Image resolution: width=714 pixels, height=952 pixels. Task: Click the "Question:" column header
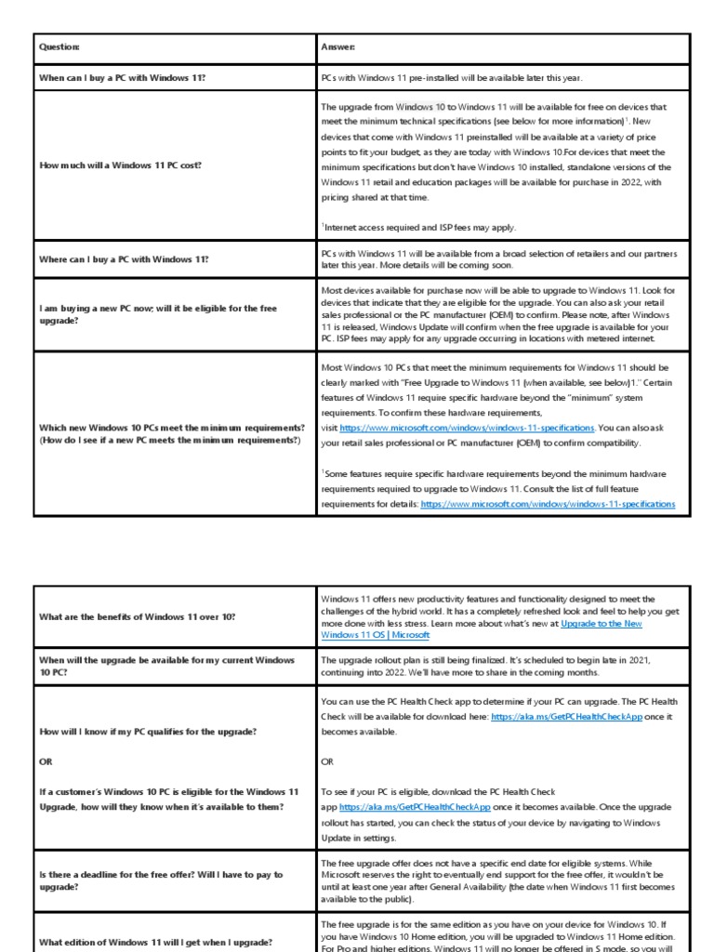(59, 47)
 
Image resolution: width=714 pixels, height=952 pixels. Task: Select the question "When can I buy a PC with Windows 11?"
(122, 78)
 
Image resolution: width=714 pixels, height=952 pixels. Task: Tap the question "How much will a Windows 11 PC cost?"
(120, 165)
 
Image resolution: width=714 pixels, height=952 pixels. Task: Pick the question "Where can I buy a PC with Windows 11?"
(124, 259)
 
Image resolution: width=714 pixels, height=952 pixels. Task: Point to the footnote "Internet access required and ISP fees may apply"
(419, 227)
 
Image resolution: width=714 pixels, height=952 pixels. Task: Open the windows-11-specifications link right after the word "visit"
(467, 428)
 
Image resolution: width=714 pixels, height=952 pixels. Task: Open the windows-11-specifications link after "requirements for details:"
(548, 503)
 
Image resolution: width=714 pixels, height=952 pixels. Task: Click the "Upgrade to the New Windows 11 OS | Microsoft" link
(482, 629)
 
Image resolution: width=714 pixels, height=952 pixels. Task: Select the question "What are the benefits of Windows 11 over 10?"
(138, 616)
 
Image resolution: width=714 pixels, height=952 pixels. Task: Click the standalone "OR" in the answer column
(327, 761)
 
